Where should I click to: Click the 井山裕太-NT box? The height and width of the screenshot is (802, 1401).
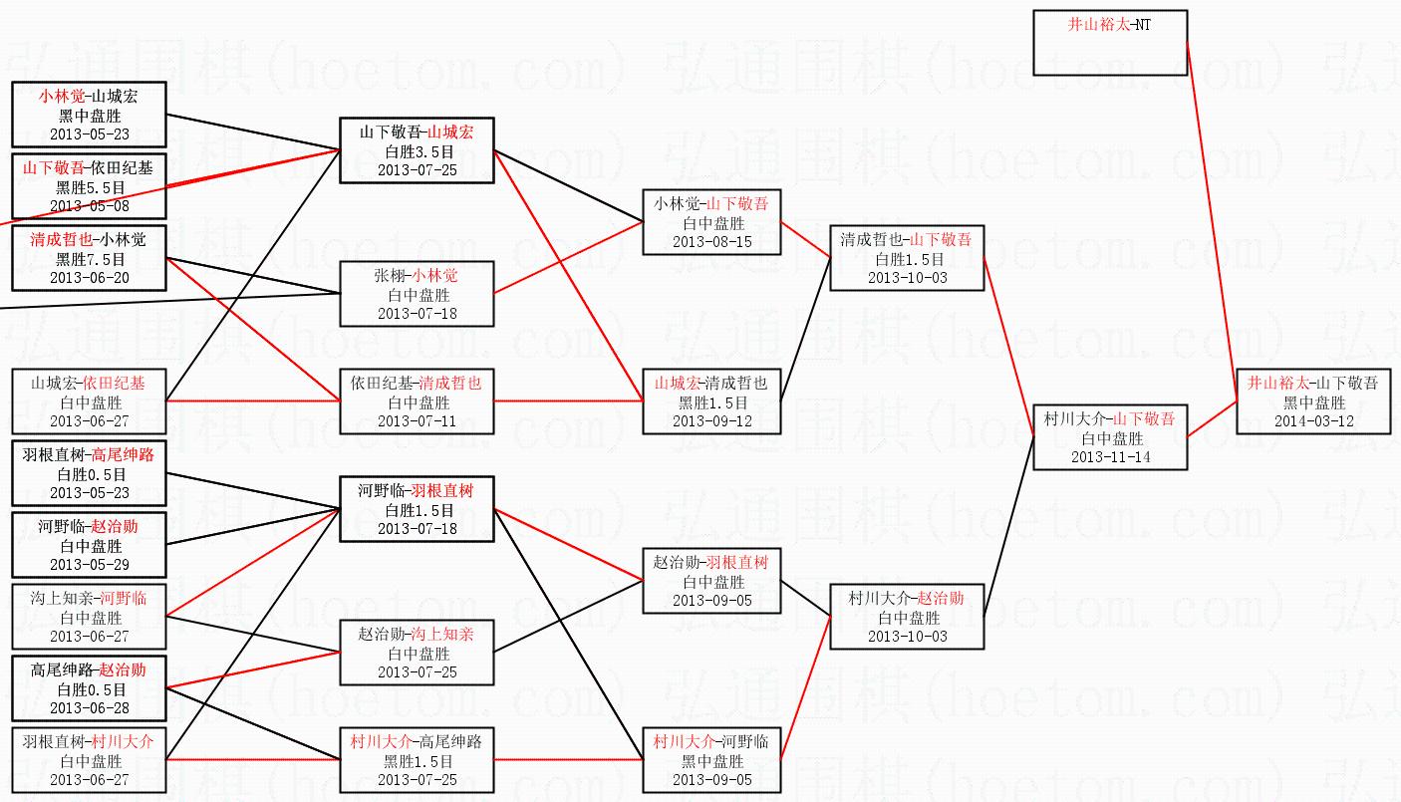click(1110, 43)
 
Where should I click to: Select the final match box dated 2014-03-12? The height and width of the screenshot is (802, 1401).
click(1313, 401)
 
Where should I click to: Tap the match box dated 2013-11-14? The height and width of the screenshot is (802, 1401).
click(1110, 437)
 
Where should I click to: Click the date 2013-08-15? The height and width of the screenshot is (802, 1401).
click(711, 241)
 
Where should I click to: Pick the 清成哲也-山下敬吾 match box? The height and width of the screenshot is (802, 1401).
click(906, 258)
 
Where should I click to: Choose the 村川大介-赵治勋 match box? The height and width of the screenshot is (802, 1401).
click(906, 617)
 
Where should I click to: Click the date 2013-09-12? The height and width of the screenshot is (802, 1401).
click(711, 420)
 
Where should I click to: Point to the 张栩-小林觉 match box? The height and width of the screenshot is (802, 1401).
click(417, 294)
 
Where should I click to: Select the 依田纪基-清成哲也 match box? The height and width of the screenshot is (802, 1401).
click(417, 401)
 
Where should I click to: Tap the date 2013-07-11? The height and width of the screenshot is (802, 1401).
click(417, 420)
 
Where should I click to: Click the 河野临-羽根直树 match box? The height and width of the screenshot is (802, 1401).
click(417, 509)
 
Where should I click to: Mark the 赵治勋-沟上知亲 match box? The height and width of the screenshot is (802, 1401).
click(417, 653)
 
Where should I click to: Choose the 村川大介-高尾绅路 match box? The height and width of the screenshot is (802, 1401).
click(417, 760)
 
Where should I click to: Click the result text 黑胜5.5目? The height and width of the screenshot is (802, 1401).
click(89, 187)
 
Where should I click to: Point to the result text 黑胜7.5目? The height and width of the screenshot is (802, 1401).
click(89, 259)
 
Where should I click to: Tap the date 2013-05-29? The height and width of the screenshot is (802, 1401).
click(89, 565)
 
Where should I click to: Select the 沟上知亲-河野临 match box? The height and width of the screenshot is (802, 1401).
click(89, 617)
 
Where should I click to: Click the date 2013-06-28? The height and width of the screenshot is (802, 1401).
click(89, 708)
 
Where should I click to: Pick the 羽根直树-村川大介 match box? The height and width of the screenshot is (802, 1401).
click(89, 760)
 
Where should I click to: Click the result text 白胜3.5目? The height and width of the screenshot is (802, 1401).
click(417, 151)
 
